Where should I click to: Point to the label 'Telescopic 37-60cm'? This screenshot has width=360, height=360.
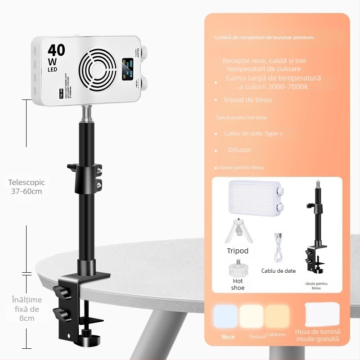(x=27, y=187)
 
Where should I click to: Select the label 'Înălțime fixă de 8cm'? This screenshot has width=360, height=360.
(x=27, y=309)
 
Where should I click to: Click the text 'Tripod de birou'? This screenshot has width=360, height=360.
(x=247, y=99)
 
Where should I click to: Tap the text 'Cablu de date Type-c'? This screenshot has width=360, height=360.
(x=253, y=133)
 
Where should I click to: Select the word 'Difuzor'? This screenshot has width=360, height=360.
(x=239, y=149)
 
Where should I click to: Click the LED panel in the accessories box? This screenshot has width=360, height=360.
(x=254, y=196)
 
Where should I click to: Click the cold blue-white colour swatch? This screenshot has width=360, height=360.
(x=225, y=316)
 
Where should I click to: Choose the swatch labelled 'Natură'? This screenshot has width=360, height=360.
(x=251, y=316)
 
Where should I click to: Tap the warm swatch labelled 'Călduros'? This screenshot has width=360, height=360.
(x=277, y=316)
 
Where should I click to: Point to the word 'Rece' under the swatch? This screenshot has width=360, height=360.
(x=228, y=337)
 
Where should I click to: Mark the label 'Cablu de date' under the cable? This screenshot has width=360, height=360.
(x=279, y=271)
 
